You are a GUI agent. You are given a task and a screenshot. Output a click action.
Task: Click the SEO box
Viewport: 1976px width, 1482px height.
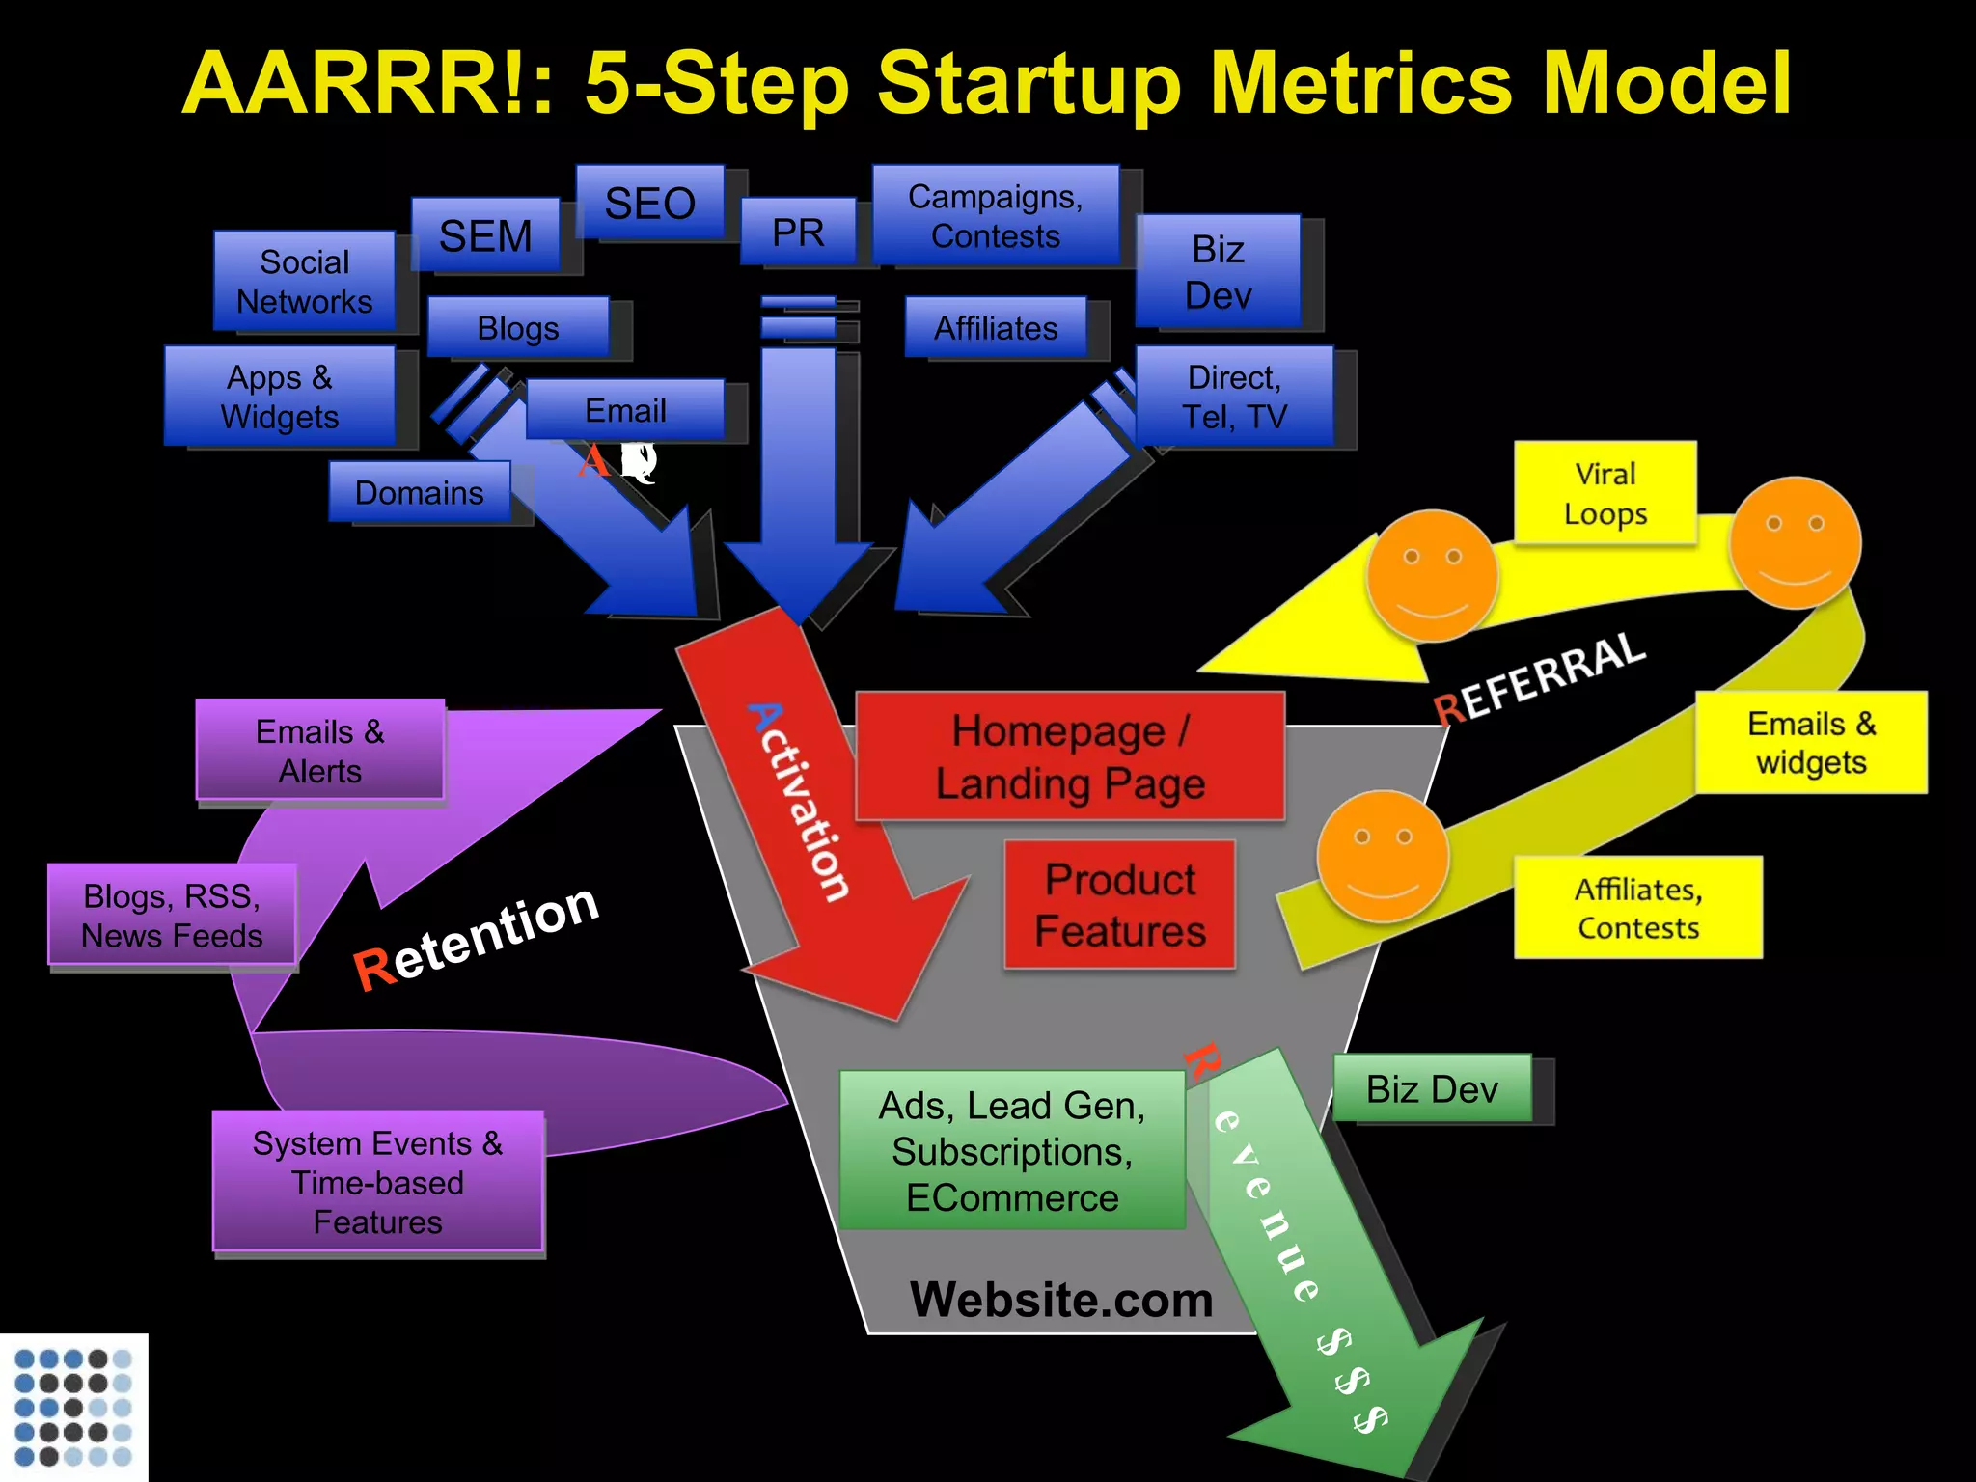[649, 203]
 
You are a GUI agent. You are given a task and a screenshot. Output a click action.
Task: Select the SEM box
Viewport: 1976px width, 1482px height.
[485, 235]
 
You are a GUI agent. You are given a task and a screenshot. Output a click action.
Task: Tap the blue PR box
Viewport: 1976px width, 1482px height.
[798, 233]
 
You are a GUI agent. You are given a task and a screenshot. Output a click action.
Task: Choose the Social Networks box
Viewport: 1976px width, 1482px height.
[304, 282]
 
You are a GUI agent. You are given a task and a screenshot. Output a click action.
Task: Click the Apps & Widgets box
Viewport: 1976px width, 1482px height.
[280, 397]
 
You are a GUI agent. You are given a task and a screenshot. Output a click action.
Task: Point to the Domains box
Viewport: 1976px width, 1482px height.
[419, 492]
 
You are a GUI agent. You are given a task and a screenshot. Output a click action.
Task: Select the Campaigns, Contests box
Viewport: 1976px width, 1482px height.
[996, 216]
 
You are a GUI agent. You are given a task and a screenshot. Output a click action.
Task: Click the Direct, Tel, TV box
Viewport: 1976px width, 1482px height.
[1234, 397]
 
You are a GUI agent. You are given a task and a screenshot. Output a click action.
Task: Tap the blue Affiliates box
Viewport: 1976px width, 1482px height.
[996, 328]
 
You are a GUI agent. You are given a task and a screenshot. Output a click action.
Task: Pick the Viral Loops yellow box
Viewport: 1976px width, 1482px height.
[1605, 493]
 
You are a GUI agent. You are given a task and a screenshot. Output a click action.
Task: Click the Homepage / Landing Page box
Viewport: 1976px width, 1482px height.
[1070, 756]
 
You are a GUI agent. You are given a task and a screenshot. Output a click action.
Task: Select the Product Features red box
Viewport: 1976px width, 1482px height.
[1119, 905]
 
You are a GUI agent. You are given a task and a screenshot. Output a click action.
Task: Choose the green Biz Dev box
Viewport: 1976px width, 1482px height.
[1432, 1088]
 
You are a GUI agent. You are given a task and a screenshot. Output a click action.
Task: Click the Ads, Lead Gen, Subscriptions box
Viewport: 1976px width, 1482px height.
[1012, 1150]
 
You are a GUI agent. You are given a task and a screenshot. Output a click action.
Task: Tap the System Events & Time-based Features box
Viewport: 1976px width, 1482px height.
[377, 1182]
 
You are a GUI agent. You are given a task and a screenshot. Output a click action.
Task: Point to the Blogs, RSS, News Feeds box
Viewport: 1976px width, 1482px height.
[172, 915]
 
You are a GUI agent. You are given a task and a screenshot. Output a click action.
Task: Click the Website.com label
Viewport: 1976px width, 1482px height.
[1061, 1299]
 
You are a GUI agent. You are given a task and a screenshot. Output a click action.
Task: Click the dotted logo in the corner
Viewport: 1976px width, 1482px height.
[73, 1407]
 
